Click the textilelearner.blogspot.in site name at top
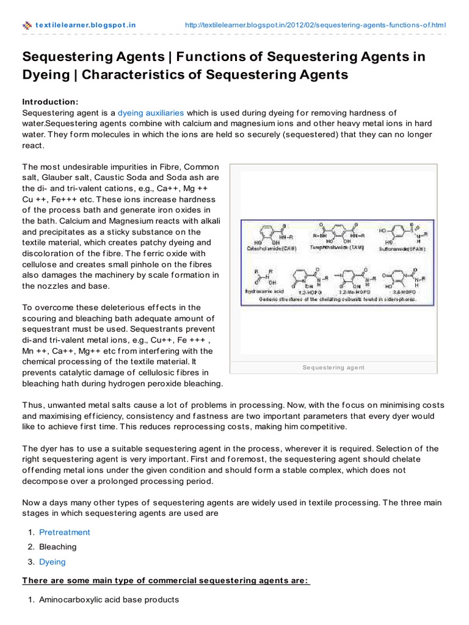coord(86,25)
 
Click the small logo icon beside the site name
coord(27,25)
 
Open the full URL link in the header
coord(315,25)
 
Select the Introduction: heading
coord(51,101)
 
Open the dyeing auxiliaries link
coord(151,113)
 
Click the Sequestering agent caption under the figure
coord(333,367)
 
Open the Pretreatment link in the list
coord(64,532)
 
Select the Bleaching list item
coord(58,547)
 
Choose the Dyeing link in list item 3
coord(52,562)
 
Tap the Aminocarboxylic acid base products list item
coord(109,599)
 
